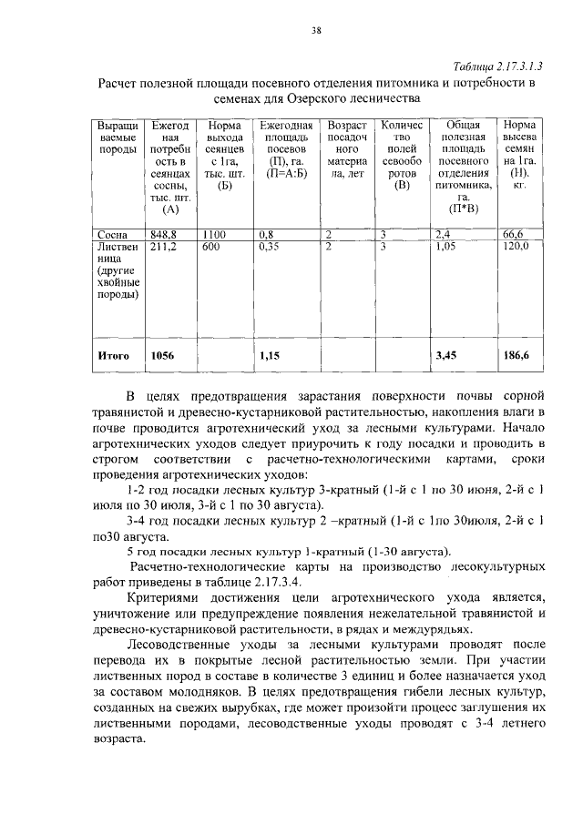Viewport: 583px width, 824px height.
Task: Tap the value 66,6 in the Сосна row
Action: pyautogui.click(x=515, y=234)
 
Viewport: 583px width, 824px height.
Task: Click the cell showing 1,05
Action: pyautogui.click(x=446, y=246)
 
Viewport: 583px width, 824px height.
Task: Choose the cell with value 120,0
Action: pyautogui.click(x=517, y=246)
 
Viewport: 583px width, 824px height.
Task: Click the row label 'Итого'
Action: pyautogui.click(x=113, y=356)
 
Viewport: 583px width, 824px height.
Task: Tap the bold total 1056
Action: pyautogui.click(x=161, y=356)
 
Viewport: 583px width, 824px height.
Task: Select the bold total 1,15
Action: pyautogui.click(x=268, y=356)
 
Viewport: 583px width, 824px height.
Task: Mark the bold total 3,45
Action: pyautogui.click(x=446, y=356)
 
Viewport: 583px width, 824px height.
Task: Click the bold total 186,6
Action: pyautogui.click(x=517, y=356)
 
